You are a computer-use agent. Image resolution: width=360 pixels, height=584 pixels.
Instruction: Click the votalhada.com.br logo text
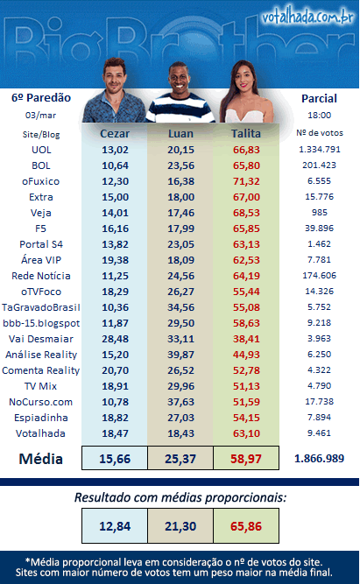click(307, 18)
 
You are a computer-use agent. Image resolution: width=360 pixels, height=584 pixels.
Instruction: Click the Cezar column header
click(115, 134)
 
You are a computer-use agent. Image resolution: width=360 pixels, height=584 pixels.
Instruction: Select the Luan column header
click(180, 134)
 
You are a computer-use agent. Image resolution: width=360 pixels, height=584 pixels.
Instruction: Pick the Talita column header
click(246, 134)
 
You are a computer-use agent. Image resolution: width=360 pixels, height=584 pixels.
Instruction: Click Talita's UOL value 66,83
click(246, 150)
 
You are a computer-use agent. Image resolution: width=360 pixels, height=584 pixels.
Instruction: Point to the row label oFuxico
click(40, 181)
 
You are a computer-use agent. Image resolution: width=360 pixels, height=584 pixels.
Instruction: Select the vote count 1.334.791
click(320, 150)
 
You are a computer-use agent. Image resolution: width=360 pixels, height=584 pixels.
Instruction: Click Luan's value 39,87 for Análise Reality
click(180, 355)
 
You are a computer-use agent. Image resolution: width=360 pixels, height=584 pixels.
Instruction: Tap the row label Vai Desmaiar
click(41, 339)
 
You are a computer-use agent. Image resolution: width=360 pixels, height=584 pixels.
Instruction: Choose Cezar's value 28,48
click(115, 339)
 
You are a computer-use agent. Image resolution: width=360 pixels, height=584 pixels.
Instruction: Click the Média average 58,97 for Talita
click(246, 459)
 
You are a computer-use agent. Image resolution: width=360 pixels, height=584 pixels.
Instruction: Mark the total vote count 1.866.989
click(320, 459)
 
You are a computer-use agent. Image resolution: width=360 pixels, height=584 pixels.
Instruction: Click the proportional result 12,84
click(115, 526)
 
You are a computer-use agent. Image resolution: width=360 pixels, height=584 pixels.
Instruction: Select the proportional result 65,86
click(246, 526)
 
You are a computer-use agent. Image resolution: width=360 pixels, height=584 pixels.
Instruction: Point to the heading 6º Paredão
click(41, 97)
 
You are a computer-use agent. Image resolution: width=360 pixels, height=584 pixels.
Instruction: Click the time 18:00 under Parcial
click(320, 115)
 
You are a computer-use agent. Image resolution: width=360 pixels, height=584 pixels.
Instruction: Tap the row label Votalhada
click(40, 433)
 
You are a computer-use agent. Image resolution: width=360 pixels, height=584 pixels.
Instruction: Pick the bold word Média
click(40, 459)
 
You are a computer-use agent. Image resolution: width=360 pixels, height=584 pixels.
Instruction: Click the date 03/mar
click(40, 115)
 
